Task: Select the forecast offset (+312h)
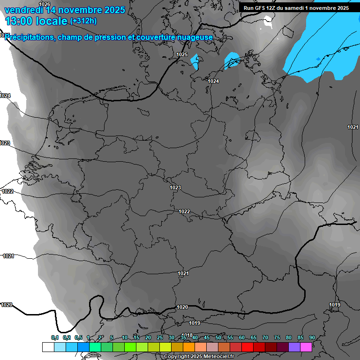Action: point(83,21)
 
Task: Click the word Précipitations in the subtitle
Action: point(30,37)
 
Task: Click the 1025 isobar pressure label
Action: point(182,55)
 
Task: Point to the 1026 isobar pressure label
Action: point(45,4)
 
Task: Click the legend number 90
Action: point(312,337)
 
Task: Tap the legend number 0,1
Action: point(55,337)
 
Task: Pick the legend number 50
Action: point(218,337)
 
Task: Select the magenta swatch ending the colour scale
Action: point(306,347)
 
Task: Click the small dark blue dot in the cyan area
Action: point(318,58)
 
